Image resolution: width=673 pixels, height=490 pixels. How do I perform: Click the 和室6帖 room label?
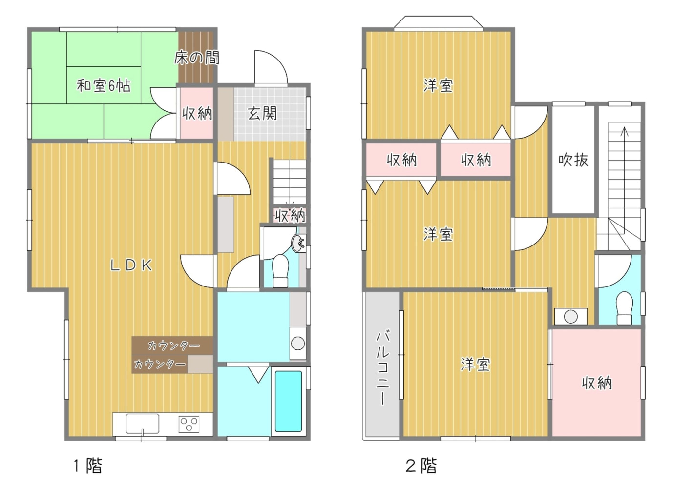tap(104, 86)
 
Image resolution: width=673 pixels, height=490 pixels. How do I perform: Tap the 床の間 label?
tap(197, 58)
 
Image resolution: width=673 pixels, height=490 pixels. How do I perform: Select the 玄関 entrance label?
tap(262, 114)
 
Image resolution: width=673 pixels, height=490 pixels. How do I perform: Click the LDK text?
tap(131, 265)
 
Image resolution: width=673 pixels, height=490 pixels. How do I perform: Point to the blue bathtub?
tap(289, 402)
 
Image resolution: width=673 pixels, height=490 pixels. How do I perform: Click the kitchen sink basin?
tap(143, 424)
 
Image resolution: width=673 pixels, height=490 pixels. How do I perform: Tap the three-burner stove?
tap(189, 424)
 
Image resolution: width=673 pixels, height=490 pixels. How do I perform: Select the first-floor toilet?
tap(280, 271)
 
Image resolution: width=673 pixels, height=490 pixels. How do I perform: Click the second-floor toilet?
tap(624, 308)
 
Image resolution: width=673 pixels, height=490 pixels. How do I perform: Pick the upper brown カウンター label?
tap(174, 346)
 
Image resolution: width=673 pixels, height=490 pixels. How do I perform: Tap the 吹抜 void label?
tap(573, 160)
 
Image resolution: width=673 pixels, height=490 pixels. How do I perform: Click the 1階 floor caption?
tap(88, 466)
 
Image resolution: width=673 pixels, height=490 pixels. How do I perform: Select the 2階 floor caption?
tap(421, 466)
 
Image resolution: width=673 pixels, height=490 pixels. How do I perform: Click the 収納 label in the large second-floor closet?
tap(597, 383)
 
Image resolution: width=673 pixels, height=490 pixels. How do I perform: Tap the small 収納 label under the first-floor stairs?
tap(291, 215)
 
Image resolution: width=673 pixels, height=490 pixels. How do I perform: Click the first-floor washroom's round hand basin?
tap(298, 244)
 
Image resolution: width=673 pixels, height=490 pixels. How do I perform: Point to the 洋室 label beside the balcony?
tap(475, 364)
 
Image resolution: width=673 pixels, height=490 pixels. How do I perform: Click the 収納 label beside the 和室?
tap(197, 114)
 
